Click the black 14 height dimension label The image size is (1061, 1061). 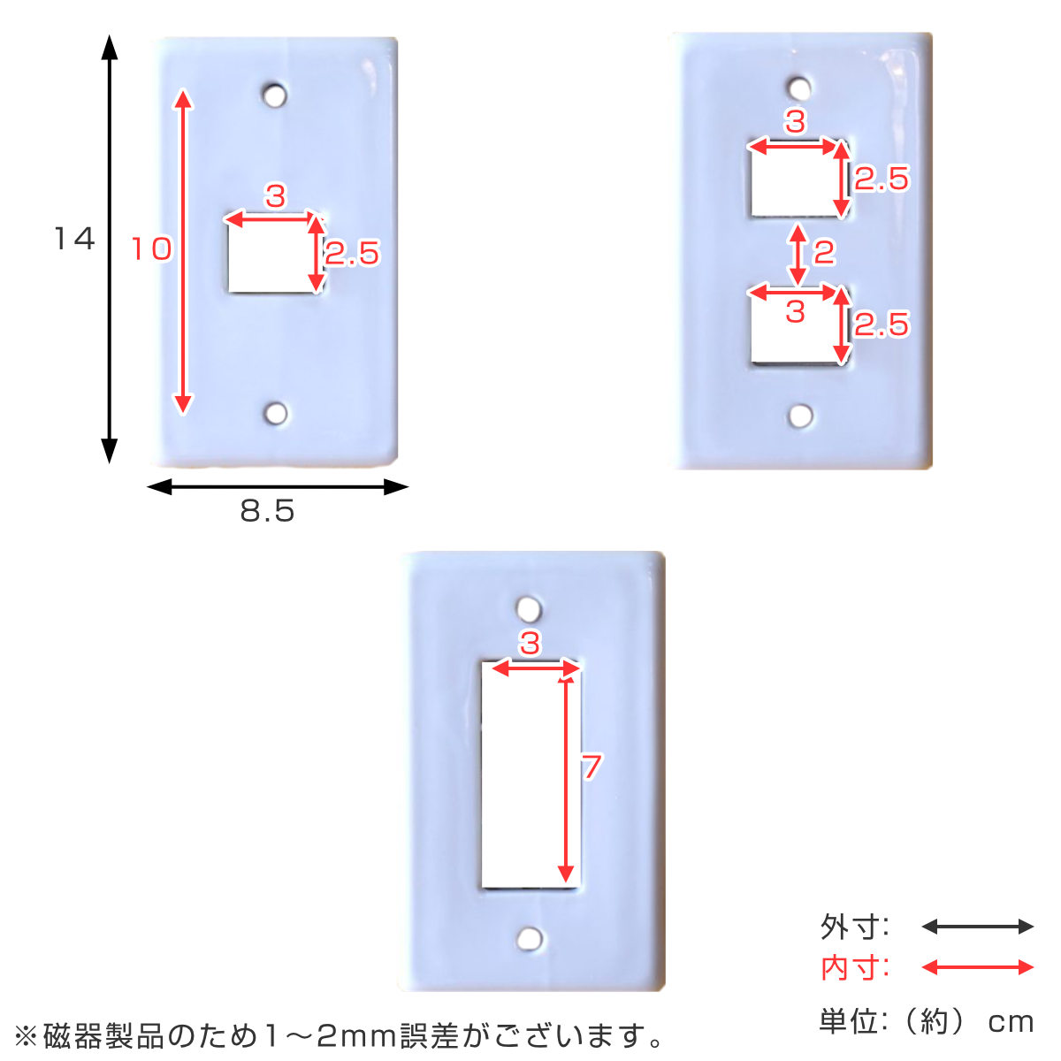[x=75, y=239]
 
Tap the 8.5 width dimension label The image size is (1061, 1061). [x=268, y=511]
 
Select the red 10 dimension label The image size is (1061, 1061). [x=152, y=248]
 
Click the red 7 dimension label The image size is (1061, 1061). [x=592, y=767]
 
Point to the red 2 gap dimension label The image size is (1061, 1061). [x=824, y=252]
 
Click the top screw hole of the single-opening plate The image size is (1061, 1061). [x=275, y=95]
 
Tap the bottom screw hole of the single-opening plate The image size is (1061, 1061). [x=276, y=413]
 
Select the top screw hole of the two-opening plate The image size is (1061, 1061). [x=799, y=88]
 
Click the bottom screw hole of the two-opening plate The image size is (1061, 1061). [x=800, y=416]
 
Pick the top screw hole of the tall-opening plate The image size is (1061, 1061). [x=529, y=609]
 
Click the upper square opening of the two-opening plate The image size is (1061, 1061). [x=798, y=179]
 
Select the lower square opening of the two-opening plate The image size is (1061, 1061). [x=799, y=326]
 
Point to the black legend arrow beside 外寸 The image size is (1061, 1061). [x=977, y=927]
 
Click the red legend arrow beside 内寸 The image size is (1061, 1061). [x=977, y=967]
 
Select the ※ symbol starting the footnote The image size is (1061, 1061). [x=26, y=1035]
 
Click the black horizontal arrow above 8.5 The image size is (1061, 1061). [x=278, y=486]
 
